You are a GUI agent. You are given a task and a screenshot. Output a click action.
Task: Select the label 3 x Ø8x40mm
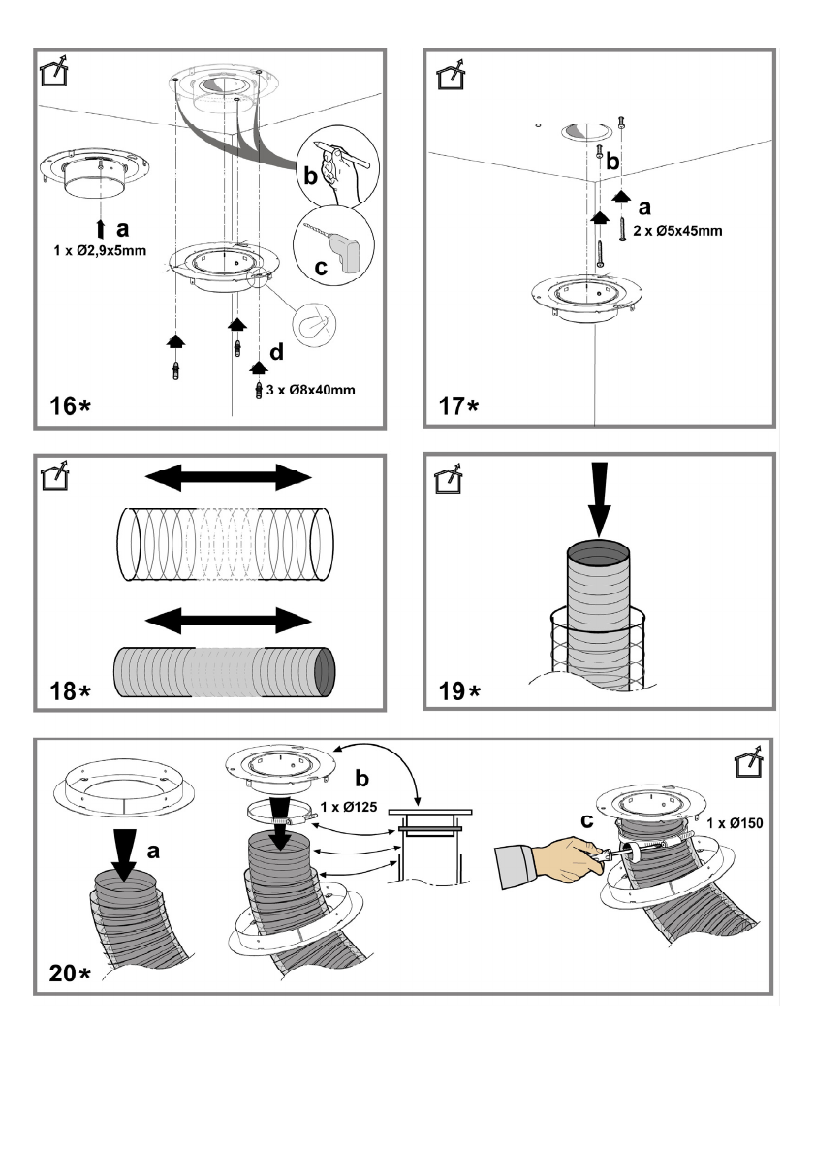[309, 390]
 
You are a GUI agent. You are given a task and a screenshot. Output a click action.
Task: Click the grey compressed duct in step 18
[225, 670]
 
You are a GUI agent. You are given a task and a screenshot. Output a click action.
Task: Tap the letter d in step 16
[276, 354]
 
